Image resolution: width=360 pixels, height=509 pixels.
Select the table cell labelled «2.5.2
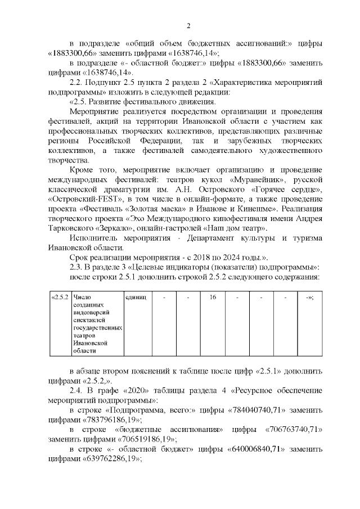pos(59,297)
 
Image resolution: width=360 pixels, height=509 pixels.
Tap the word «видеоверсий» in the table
pos(91,312)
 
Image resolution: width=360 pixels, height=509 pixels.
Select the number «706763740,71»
pos(292,430)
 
